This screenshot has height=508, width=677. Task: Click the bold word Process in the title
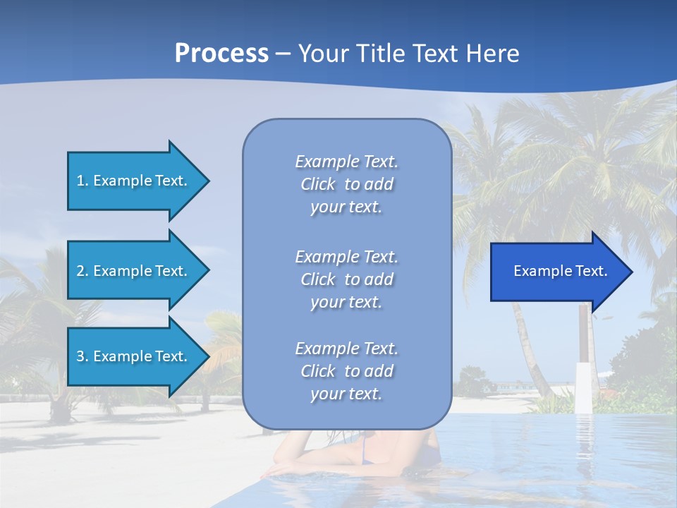pyautogui.click(x=221, y=54)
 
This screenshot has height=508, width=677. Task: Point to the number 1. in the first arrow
pyautogui.click(x=83, y=181)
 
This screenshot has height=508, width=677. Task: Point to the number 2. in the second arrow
pyautogui.click(x=83, y=271)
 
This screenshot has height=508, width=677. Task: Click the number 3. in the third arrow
pyautogui.click(x=83, y=356)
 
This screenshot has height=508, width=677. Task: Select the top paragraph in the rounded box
pyautogui.click(x=346, y=184)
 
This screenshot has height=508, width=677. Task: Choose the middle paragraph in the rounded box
pyautogui.click(x=346, y=279)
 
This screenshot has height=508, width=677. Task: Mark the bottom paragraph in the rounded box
pyautogui.click(x=346, y=371)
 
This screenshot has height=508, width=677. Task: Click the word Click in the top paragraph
pyautogui.click(x=318, y=184)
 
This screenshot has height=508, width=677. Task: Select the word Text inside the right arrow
pyautogui.click(x=591, y=271)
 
